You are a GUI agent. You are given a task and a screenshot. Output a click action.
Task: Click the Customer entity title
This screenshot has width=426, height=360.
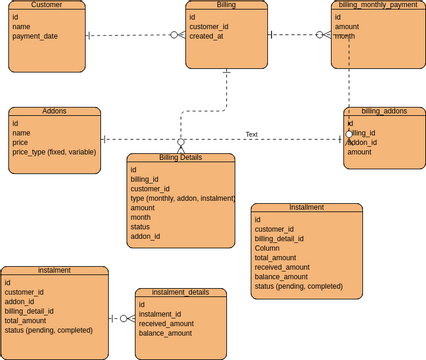(x=47, y=5)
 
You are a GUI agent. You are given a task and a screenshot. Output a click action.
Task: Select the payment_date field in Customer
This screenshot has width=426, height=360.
(x=35, y=36)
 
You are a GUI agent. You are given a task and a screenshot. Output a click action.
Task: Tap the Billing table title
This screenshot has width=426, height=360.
(x=226, y=5)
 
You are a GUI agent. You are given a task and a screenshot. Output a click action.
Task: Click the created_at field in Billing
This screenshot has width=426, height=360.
(x=206, y=36)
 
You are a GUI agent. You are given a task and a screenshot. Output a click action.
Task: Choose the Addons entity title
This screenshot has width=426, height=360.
(x=54, y=111)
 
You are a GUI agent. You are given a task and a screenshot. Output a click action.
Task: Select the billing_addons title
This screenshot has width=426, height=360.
(x=383, y=111)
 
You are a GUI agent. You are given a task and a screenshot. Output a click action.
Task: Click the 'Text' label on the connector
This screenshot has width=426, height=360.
(x=252, y=134)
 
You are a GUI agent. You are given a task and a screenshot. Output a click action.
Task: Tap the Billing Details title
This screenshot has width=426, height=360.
(x=180, y=158)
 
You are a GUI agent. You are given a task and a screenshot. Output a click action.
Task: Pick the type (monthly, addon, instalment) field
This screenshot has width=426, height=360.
(x=181, y=199)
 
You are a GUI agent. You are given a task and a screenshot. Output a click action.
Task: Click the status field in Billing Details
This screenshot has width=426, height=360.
(x=141, y=227)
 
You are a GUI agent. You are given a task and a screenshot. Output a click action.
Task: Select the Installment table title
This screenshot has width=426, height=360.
(x=306, y=207)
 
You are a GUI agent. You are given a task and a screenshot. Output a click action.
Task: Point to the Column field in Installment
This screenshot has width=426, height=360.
(x=267, y=248)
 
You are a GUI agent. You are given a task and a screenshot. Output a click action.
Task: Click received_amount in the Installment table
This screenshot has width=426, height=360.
(x=283, y=267)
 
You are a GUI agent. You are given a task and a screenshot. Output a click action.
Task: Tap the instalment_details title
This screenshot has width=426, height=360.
(x=180, y=293)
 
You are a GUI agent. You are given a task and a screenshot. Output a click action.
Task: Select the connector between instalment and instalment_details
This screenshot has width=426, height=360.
(x=121, y=318)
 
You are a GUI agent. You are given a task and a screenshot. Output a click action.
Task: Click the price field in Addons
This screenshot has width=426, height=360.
(x=21, y=143)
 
